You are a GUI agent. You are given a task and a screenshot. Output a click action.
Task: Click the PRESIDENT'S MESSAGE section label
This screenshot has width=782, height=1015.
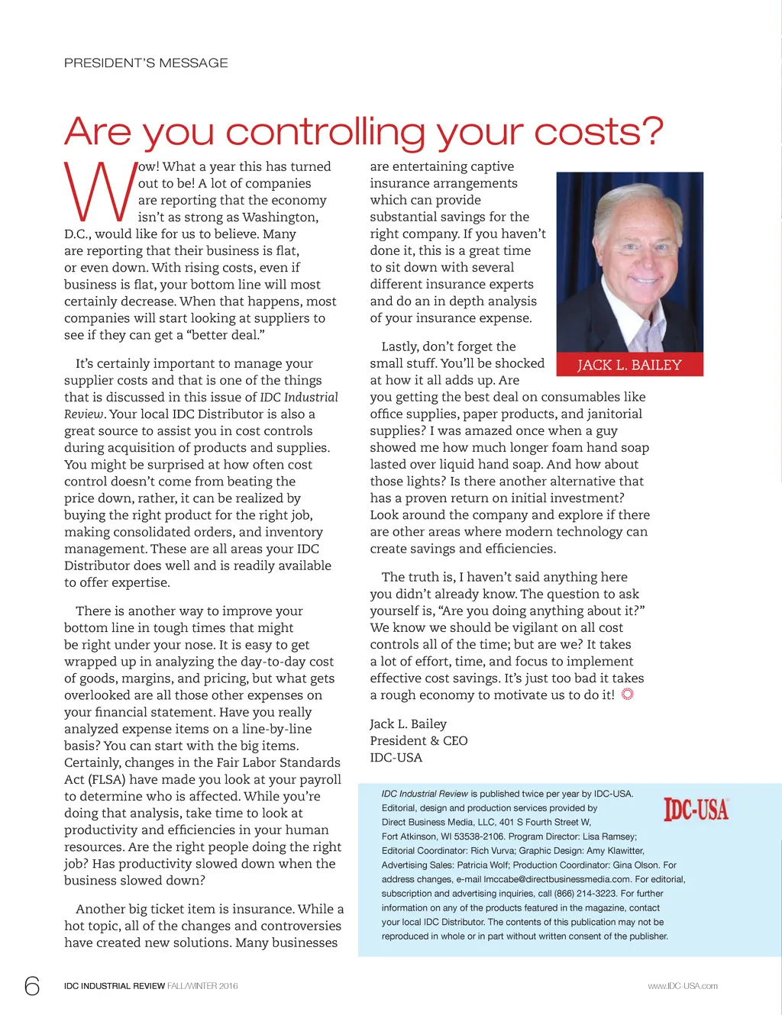click(146, 63)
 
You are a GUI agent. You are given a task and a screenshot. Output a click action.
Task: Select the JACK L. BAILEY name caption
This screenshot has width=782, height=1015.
click(629, 365)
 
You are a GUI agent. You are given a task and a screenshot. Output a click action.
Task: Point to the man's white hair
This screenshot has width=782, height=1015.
click(628, 202)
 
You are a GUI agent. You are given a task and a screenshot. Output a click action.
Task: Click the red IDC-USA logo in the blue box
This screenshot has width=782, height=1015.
click(696, 809)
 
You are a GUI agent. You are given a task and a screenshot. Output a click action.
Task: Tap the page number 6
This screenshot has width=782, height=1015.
click(32, 986)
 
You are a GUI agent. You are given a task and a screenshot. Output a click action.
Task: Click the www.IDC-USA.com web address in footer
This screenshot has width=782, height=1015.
click(683, 986)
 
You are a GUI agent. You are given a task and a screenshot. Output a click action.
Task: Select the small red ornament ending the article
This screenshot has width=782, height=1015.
click(628, 694)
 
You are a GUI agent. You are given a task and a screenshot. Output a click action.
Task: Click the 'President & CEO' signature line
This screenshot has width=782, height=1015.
click(418, 740)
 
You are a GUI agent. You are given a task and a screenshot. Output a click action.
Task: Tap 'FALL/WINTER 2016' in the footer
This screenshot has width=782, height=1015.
click(202, 986)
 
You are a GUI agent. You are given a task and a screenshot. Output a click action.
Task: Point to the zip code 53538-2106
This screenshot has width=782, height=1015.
click(479, 836)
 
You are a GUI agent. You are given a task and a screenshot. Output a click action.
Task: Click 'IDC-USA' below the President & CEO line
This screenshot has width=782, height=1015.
click(396, 757)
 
